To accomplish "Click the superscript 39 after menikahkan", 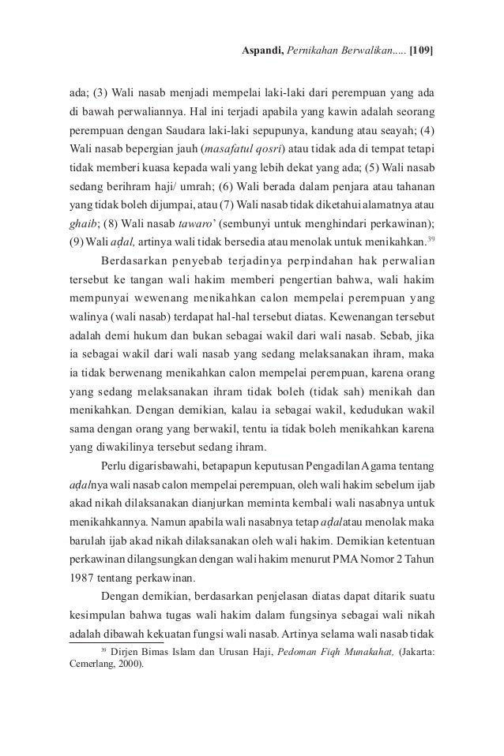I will (x=430, y=238).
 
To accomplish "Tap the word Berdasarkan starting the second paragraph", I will (x=134, y=260).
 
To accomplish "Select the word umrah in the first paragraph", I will (x=201, y=186).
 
